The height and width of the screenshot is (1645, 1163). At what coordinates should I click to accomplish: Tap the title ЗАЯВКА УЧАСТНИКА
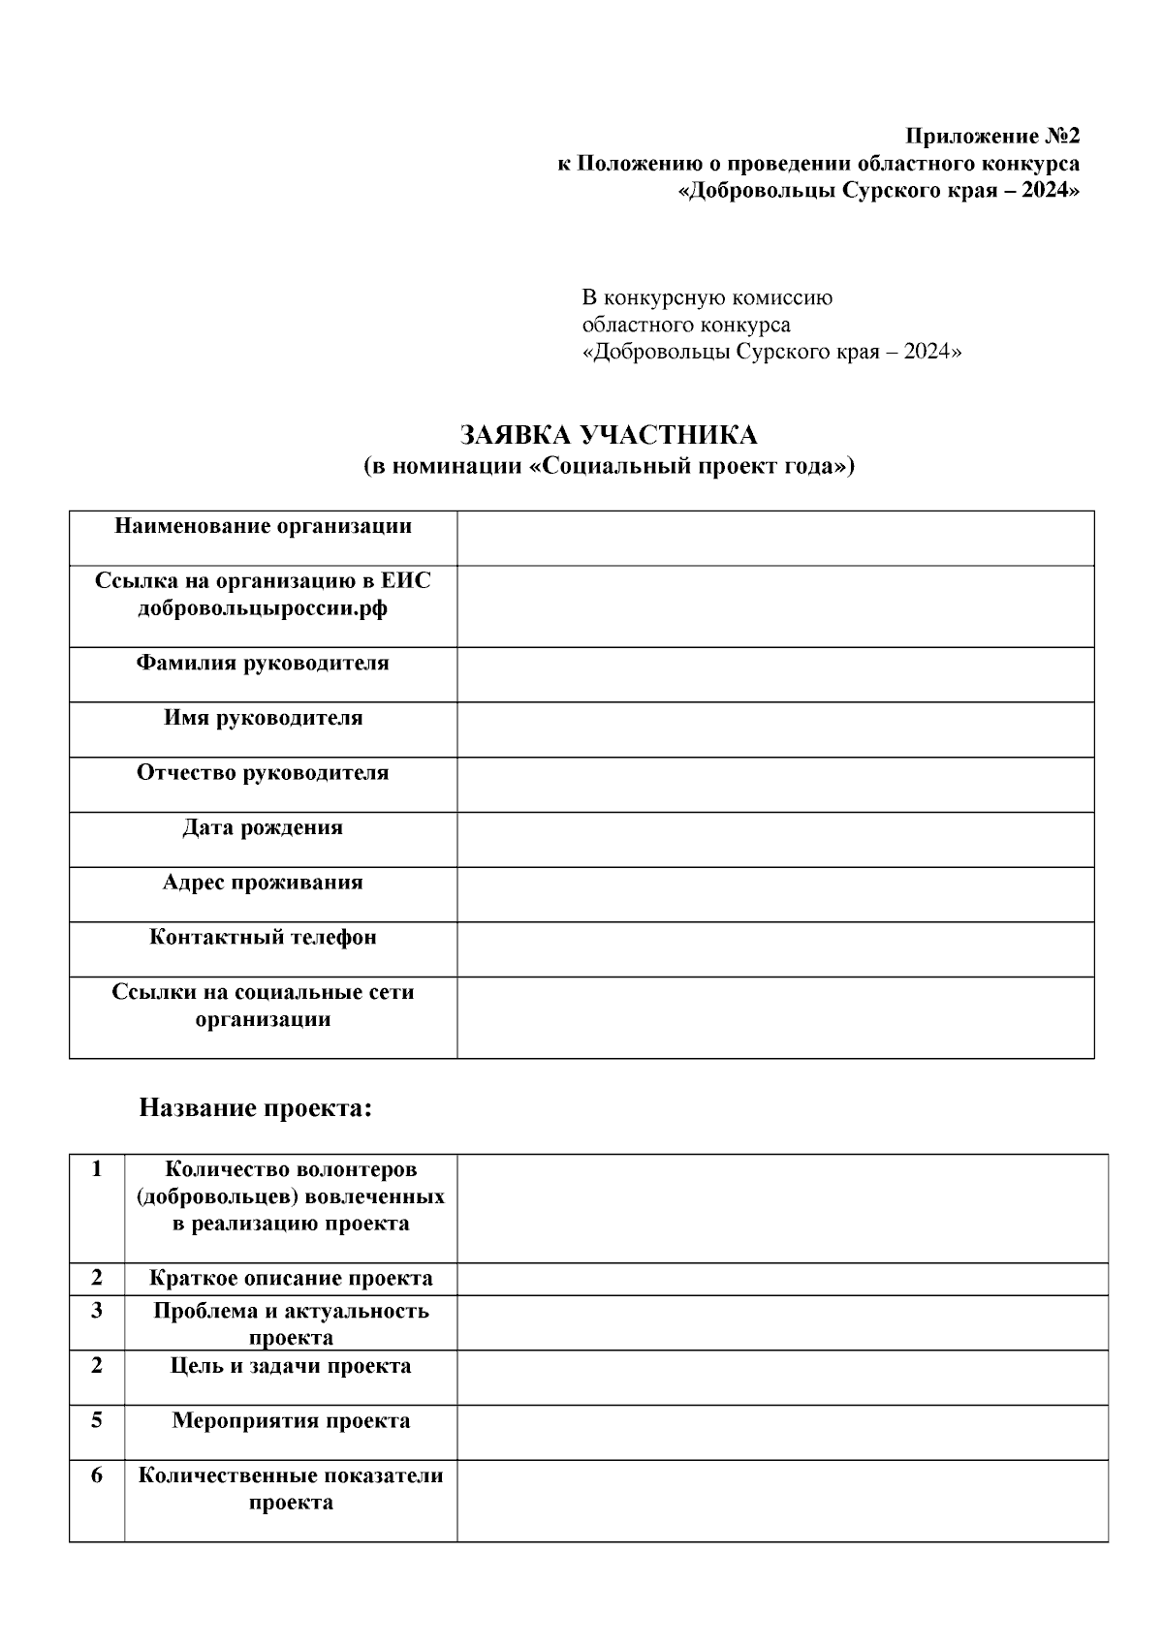point(609,435)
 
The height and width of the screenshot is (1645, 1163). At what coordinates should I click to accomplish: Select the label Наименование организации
point(263,526)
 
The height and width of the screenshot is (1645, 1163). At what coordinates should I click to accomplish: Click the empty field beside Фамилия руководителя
point(775,674)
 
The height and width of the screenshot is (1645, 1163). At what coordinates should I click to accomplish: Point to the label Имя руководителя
point(263,718)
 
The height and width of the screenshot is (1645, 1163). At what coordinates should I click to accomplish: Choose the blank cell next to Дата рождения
point(775,839)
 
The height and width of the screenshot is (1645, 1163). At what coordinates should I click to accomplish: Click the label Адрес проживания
point(263,883)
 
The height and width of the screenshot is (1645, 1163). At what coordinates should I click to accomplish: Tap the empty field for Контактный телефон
point(775,948)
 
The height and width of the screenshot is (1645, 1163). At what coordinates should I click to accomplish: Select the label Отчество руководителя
point(263,773)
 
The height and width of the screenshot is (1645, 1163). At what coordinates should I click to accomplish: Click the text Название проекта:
point(256,1107)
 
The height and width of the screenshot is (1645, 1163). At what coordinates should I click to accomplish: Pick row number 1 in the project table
point(97,1169)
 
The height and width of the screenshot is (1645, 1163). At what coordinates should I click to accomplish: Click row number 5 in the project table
point(97,1420)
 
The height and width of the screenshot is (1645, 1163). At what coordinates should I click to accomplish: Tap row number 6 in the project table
point(97,1475)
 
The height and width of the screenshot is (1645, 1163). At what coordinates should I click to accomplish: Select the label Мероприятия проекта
point(291,1421)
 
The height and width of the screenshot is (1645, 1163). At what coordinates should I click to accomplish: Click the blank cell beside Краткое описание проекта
point(782,1279)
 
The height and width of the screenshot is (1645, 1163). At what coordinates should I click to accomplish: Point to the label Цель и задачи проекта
point(291,1366)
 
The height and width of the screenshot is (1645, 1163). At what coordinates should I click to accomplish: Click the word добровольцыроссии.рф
point(263,608)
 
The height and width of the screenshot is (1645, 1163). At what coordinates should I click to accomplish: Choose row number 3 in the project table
point(97,1311)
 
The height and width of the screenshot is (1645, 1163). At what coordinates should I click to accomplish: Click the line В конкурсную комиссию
point(707,297)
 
